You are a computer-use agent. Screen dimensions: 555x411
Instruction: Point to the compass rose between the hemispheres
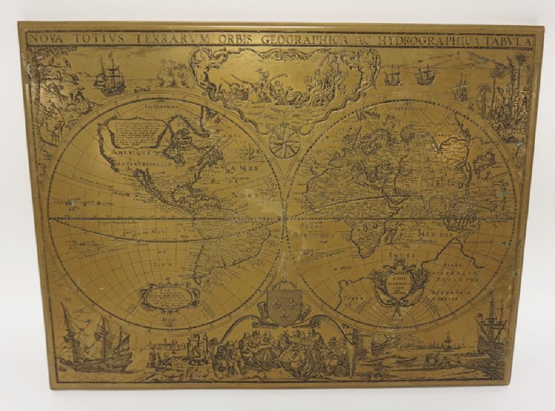(x=285, y=141)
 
